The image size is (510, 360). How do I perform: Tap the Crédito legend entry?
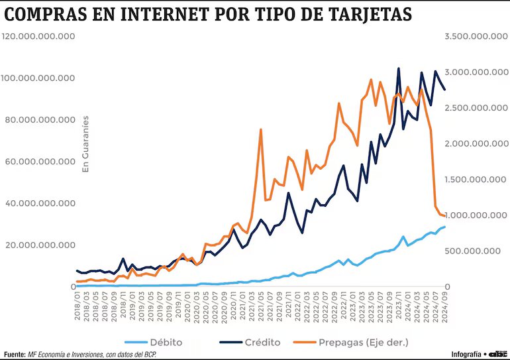point(262,342)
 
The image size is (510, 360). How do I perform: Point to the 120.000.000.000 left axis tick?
point(39,36)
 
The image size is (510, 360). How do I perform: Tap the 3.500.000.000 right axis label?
point(470,36)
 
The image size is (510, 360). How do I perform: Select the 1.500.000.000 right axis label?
point(470,179)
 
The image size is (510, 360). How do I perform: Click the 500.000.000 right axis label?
point(474,251)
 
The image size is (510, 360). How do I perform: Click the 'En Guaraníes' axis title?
point(85,145)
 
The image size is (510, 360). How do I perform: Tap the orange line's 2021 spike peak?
point(261,129)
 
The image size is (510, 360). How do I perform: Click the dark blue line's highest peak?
point(399,68)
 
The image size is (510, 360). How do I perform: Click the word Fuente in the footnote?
point(15,354)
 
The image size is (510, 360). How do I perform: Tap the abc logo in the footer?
point(499,354)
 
